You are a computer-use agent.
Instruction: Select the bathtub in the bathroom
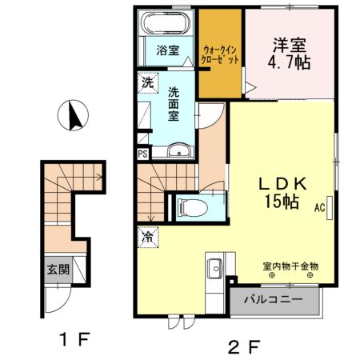[166, 24]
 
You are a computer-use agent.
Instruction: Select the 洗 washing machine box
[147, 82]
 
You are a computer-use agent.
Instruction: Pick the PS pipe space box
[142, 154]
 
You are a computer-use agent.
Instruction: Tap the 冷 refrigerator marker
[148, 237]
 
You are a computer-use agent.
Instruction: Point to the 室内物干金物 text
[290, 265]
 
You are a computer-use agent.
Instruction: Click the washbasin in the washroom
[178, 149]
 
